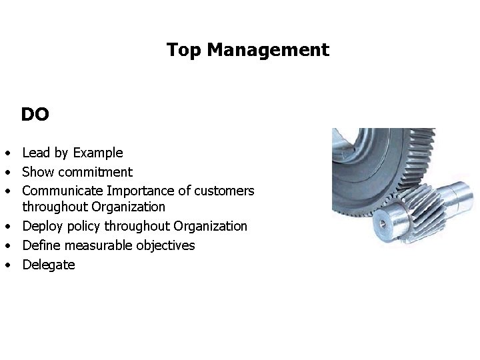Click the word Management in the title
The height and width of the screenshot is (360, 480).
click(268, 50)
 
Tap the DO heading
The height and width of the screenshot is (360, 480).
click(35, 115)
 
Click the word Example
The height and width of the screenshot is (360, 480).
click(98, 153)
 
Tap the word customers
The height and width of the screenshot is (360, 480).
click(224, 191)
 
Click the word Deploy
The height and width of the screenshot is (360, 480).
click(43, 227)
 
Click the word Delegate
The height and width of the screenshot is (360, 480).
click(49, 265)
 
